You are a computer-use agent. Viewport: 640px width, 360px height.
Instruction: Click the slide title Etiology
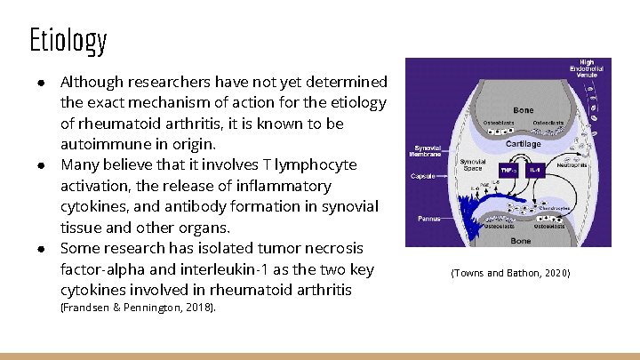click(68, 40)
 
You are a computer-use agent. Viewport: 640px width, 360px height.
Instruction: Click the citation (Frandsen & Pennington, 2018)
click(138, 308)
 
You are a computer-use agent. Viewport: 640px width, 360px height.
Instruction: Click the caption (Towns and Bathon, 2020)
click(509, 272)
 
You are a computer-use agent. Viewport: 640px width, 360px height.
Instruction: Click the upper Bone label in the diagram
click(524, 110)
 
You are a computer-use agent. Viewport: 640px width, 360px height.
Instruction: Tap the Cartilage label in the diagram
click(524, 143)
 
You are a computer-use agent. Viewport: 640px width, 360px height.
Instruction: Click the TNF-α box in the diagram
click(508, 168)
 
